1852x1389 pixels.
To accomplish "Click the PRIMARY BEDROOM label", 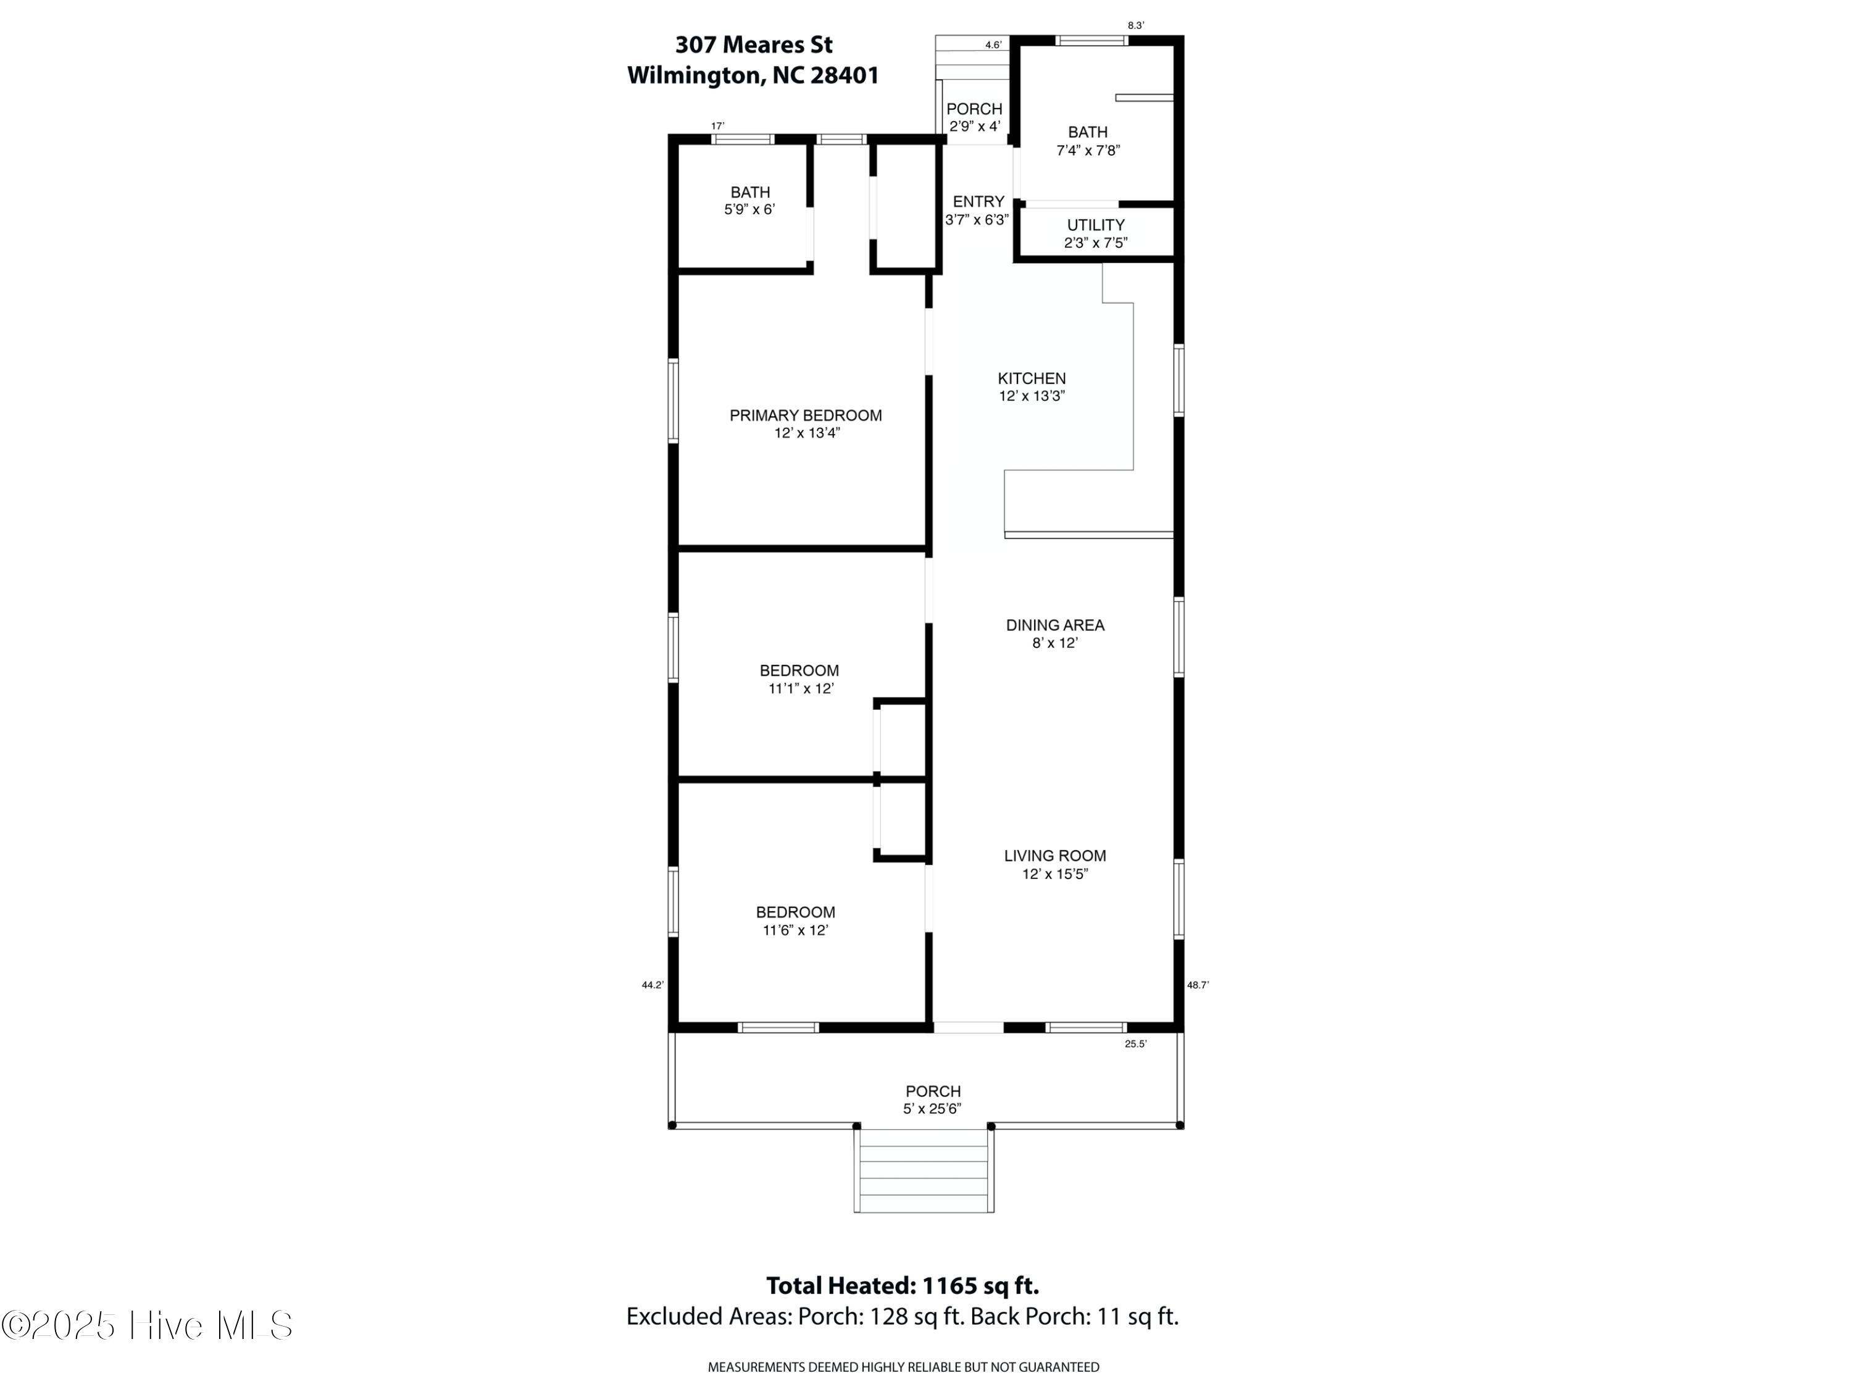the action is (x=806, y=415).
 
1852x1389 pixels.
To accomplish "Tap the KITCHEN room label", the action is (x=1032, y=378).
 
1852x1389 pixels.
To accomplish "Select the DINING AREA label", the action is (x=1055, y=625).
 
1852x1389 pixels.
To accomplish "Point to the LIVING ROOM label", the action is (x=1055, y=856).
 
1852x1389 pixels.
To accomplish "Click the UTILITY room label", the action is (x=1095, y=225).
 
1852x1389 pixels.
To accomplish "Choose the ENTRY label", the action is (x=978, y=202).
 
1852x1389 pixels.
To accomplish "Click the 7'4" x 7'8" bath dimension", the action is (x=1088, y=151).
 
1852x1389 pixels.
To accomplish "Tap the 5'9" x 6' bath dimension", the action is (x=749, y=209).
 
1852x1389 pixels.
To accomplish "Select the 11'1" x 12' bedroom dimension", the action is (x=801, y=688).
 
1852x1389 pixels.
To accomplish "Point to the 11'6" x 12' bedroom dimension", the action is (x=795, y=930).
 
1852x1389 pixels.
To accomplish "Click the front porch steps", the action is (x=924, y=1170).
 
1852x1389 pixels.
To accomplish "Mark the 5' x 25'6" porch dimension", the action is (x=932, y=1109).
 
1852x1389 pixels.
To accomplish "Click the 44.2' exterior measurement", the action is (x=653, y=985).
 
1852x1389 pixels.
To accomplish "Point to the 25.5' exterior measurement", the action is (x=1135, y=1044).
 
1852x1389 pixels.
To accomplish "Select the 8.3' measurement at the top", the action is (x=1135, y=26).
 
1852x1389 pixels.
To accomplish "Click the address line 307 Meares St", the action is (x=754, y=44).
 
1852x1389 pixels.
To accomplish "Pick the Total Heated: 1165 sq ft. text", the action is (x=903, y=1285).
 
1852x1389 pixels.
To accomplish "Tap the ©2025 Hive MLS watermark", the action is (x=148, y=1325).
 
